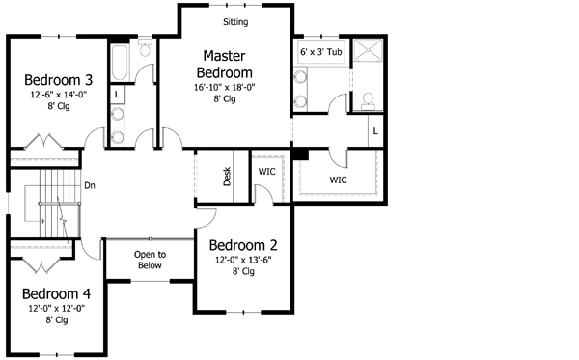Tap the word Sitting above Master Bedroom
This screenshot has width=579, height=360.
(234, 21)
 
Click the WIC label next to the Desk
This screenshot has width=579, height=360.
(267, 171)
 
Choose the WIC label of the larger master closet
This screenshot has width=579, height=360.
(338, 180)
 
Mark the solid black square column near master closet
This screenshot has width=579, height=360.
(300, 152)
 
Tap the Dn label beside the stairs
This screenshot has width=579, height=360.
(89, 185)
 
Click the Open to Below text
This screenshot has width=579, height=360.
(150, 260)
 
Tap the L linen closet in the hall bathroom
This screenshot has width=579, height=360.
(116, 95)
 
